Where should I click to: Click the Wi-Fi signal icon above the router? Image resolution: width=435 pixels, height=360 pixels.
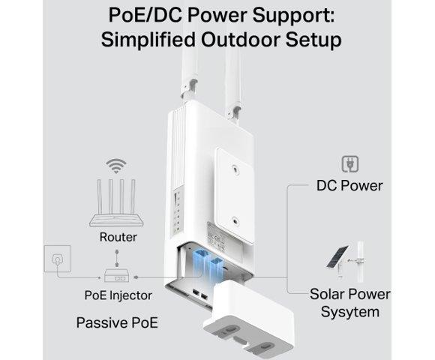[116, 166]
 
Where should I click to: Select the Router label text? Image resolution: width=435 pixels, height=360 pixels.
[118, 237]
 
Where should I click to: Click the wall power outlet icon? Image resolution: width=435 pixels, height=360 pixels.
[58, 259]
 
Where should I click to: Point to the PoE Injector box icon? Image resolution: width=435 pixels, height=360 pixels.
[116, 275]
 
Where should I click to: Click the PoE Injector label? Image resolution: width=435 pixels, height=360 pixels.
[118, 295]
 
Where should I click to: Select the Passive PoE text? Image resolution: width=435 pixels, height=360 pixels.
[117, 322]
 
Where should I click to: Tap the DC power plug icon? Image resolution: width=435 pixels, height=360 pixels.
[350, 164]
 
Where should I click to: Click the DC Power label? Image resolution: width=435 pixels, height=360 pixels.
[349, 185]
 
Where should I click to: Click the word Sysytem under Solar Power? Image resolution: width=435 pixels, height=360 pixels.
[350, 312]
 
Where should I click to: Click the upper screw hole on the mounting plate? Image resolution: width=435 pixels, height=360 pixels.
[235, 169]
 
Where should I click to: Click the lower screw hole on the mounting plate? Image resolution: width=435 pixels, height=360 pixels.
[235, 221]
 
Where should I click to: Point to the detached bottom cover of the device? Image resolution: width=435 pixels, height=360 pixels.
[248, 319]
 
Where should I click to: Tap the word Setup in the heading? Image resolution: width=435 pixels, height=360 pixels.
[313, 40]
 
